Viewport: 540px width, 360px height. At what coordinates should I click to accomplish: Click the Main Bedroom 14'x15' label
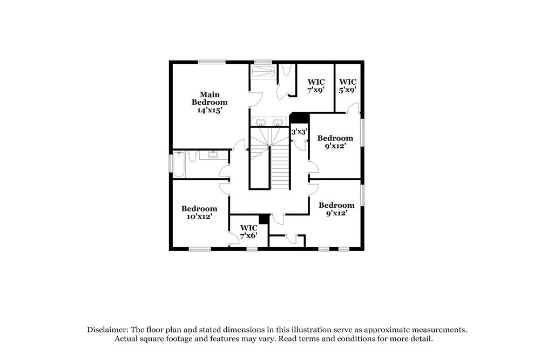coord(210,102)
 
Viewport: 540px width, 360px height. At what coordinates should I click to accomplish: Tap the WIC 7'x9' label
coord(315,86)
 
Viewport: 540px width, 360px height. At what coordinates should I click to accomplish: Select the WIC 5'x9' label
coord(347,86)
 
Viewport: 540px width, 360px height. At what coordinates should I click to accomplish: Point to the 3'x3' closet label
coord(299,132)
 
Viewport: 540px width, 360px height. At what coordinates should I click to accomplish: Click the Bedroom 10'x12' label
coord(199,212)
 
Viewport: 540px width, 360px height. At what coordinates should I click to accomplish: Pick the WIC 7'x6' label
coord(248,232)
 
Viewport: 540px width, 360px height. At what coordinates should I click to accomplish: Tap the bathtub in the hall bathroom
coord(179,164)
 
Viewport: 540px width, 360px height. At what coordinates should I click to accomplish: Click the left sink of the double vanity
coord(260,121)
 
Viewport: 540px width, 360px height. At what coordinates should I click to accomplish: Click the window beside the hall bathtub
coord(171,163)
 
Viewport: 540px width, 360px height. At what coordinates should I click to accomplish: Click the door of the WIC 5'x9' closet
coord(352,108)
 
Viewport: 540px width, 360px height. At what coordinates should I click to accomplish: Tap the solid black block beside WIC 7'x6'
coord(264,219)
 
